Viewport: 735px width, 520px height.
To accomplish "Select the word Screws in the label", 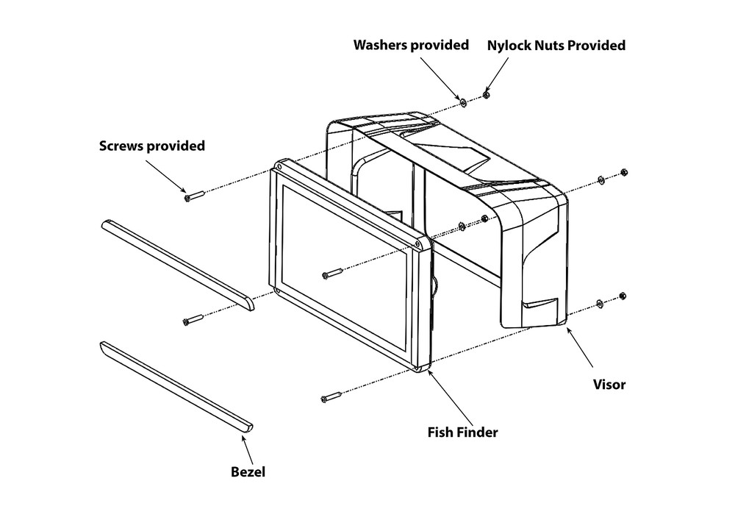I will click(x=123, y=146).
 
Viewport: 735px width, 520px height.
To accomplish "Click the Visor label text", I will click(x=609, y=384).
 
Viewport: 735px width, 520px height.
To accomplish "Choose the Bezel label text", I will click(x=248, y=471).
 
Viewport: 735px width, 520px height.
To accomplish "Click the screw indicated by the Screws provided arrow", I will click(x=195, y=196).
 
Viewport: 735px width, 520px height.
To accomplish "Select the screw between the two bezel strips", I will click(x=193, y=320).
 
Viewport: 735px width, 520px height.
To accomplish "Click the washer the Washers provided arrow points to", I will click(x=464, y=100).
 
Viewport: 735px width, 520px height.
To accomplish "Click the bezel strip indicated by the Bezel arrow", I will click(x=176, y=387).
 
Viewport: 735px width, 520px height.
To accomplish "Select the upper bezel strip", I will click(x=176, y=262).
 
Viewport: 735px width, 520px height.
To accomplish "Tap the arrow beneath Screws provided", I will click(x=166, y=175).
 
